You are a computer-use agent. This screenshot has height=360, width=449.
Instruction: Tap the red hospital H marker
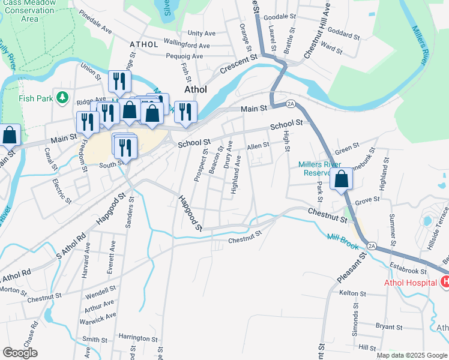[445, 281]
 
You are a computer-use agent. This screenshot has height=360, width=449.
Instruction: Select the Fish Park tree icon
[61, 97]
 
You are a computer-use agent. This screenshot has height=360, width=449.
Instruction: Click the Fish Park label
[31, 98]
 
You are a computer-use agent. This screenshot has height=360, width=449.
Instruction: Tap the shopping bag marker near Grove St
[341, 179]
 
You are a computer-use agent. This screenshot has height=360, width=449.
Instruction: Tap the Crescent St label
[238, 65]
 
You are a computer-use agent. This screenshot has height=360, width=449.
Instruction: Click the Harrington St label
[138, 338]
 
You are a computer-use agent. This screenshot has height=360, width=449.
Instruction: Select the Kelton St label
[353, 293]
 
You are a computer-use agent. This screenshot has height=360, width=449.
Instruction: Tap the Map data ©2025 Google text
[411, 355]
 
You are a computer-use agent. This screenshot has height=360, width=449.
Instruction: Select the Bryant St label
[389, 327]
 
